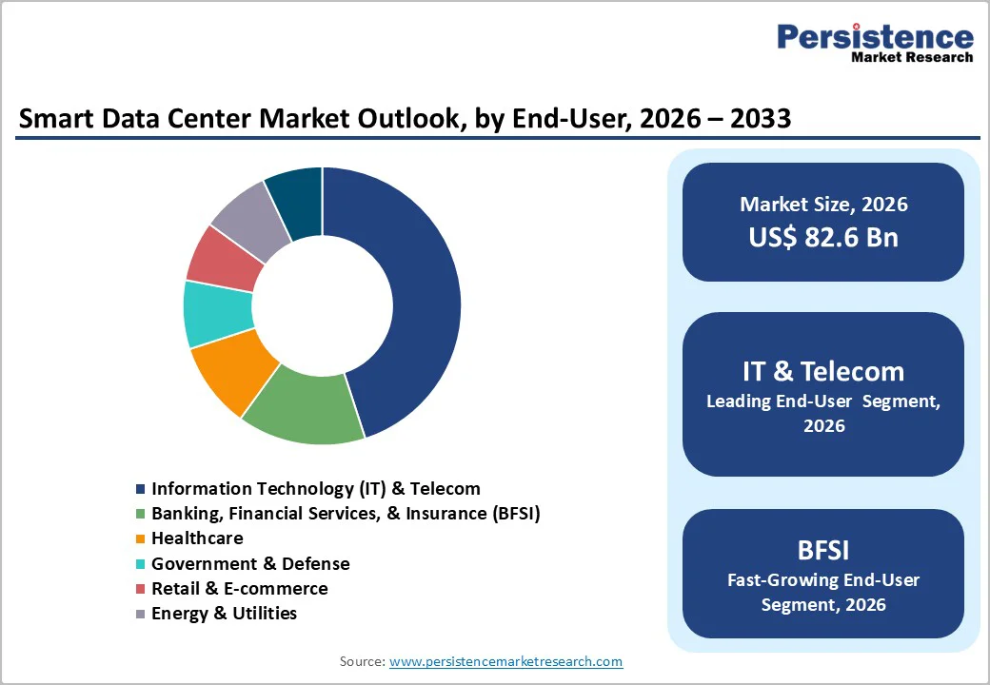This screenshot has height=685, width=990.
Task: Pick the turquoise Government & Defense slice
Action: pyautogui.click(x=218, y=314)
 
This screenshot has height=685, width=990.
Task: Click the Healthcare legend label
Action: pyautogui.click(x=197, y=538)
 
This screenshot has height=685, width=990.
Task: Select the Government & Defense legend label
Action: pyautogui.click(x=250, y=563)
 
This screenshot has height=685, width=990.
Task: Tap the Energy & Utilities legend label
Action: pyautogui.click(x=224, y=614)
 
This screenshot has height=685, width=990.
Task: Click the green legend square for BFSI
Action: pyautogui.click(x=141, y=514)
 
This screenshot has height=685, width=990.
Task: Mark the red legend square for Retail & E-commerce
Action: pyautogui.click(x=141, y=589)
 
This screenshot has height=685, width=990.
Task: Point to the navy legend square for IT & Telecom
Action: pyautogui.click(x=141, y=489)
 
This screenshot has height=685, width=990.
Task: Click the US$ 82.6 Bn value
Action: pyautogui.click(x=823, y=237)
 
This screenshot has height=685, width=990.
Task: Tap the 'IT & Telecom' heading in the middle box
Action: pyautogui.click(x=823, y=371)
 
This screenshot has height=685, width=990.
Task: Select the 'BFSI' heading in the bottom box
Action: pyautogui.click(x=823, y=550)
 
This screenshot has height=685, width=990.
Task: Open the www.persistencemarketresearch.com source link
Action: pyautogui.click(x=505, y=661)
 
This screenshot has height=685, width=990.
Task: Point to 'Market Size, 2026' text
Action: pyautogui.click(x=823, y=204)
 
